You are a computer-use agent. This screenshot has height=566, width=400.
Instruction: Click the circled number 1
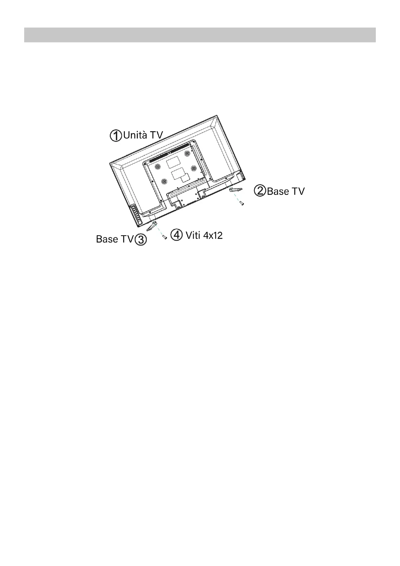116,136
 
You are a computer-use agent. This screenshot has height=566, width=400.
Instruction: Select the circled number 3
141,240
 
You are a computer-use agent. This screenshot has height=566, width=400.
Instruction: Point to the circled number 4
177,235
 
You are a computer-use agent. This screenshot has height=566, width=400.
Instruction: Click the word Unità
135,135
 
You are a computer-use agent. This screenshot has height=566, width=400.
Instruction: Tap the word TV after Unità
156,135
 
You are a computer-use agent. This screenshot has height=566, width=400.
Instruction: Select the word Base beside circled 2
278,191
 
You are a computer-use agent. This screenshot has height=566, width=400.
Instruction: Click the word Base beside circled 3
107,239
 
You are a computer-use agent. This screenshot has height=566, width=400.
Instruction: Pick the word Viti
193,235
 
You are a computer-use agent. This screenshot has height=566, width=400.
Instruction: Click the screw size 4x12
213,235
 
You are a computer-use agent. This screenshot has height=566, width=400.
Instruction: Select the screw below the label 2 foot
242,203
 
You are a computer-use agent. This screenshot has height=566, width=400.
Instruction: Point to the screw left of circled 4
165,237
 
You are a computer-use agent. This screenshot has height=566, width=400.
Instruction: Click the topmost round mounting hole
187,154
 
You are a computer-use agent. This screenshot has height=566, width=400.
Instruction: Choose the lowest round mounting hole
164,181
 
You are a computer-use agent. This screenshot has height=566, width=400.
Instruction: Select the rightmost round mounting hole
193,168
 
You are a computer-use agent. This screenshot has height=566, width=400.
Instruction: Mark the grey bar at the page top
200,35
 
